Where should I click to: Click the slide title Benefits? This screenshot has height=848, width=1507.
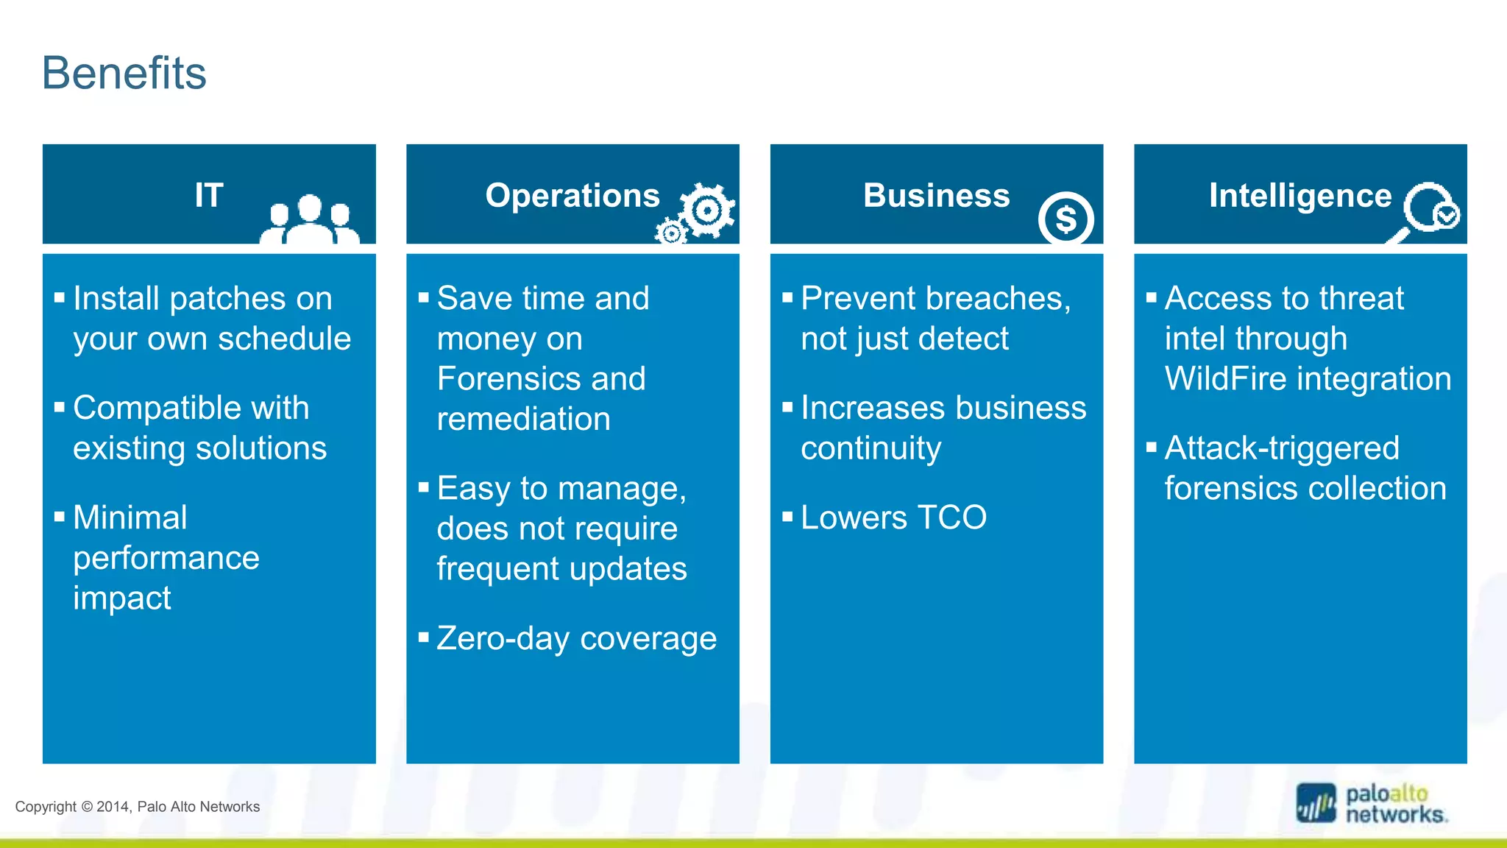point(124,73)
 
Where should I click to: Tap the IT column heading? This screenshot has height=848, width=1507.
point(209,195)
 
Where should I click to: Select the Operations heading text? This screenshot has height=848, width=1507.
point(572,195)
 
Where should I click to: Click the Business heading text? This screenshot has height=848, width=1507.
point(936,195)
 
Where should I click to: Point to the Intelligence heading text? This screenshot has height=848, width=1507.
point(1299,195)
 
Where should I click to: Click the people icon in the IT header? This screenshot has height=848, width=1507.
point(310,219)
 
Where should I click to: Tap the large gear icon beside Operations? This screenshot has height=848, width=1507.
point(707,211)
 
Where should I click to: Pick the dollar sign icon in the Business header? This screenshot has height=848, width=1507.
point(1065,219)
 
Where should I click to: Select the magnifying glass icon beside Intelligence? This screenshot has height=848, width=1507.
point(1428,210)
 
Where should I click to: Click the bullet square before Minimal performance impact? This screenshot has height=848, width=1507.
point(60,516)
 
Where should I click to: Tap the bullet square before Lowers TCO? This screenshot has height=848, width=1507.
point(787,516)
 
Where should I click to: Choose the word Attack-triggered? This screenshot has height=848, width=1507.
point(1282,448)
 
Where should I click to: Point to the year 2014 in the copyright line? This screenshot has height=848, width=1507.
point(113,807)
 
